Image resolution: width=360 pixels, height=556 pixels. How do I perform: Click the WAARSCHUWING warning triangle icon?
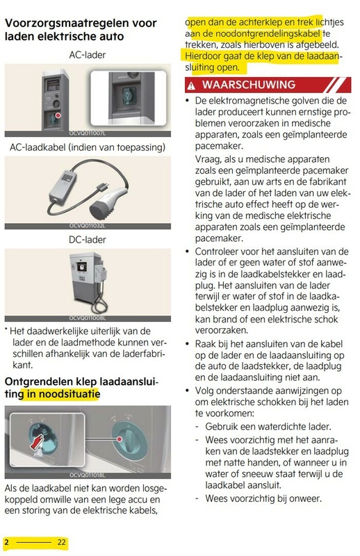coord(193,85)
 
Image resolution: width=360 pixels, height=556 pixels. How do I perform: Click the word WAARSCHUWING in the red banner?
coord(247,85)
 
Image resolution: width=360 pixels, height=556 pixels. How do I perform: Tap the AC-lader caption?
coord(88,54)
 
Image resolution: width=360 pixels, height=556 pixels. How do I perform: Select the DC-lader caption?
coord(88,240)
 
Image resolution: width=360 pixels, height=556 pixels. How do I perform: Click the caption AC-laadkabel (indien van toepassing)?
coord(88,147)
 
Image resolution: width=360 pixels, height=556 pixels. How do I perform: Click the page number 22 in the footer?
coord(62,541)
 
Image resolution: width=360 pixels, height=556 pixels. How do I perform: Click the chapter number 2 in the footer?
coord(6,541)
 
